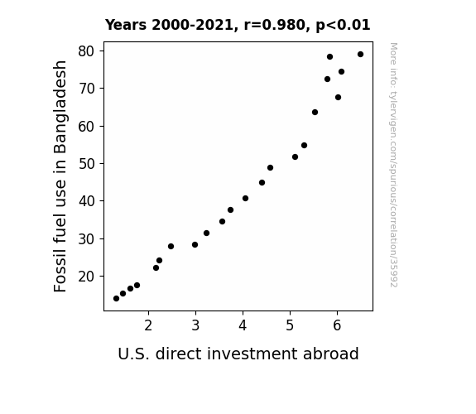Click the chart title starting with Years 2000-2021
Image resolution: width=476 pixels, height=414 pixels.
click(x=238, y=25)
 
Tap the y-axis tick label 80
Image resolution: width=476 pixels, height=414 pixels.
click(x=87, y=51)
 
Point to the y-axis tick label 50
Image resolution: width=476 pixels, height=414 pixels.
click(x=87, y=164)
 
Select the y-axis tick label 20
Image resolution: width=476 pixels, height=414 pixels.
click(x=87, y=277)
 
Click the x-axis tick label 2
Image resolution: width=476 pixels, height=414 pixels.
click(x=148, y=325)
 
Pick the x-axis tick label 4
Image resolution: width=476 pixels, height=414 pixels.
click(x=243, y=325)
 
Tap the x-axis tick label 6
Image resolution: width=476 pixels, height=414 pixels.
click(x=337, y=325)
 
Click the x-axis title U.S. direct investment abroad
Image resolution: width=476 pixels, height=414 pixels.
click(x=238, y=354)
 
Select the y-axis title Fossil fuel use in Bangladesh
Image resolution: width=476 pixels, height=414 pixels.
click(x=60, y=176)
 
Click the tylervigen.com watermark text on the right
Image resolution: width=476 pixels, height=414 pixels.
click(x=393, y=165)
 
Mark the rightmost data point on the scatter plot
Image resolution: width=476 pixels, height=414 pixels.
click(x=360, y=55)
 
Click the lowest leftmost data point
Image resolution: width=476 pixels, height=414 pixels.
click(x=116, y=299)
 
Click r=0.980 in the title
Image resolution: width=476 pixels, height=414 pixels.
click(x=275, y=25)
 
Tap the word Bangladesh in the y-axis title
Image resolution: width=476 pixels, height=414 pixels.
click(x=60, y=107)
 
